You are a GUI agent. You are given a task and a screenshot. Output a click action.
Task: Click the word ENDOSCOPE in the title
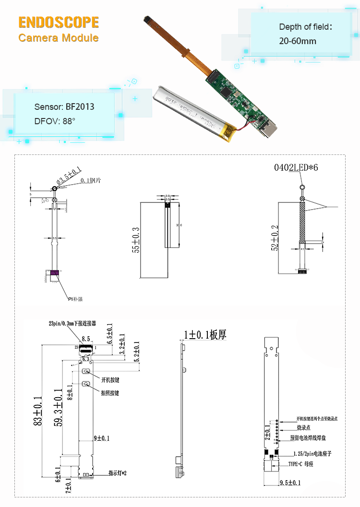click(x=59, y=22)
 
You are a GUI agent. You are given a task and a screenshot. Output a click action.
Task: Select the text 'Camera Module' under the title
click(x=59, y=38)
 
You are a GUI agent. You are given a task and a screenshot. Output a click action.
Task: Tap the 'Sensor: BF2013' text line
click(x=64, y=106)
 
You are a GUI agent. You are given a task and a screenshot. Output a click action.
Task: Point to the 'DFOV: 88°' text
click(x=55, y=121)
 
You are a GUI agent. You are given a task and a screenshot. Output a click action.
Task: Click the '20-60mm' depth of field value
click(x=298, y=41)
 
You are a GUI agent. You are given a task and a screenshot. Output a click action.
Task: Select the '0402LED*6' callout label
click(x=296, y=168)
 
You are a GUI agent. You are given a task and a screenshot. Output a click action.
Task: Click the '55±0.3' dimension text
click(x=136, y=240)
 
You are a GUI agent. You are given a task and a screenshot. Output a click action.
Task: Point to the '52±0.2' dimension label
click(x=275, y=237)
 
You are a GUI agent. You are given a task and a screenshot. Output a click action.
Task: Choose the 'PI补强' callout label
click(x=75, y=299)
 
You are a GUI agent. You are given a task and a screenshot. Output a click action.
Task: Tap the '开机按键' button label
click(x=110, y=380)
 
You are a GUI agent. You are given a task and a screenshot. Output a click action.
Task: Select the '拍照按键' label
click(x=110, y=393)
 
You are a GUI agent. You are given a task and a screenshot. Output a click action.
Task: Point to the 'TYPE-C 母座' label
click(x=300, y=464)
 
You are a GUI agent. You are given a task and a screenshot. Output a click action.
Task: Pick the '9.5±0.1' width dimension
click(x=290, y=482)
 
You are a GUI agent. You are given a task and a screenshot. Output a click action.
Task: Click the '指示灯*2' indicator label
click(x=117, y=473)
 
